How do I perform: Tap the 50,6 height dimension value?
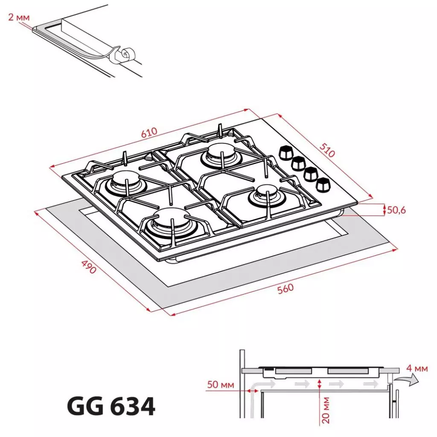point(396,210)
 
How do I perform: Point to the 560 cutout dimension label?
point(285,288)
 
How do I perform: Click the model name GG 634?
point(111,407)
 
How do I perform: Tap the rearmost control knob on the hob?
point(285,152)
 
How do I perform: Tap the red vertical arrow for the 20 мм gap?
point(319,385)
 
